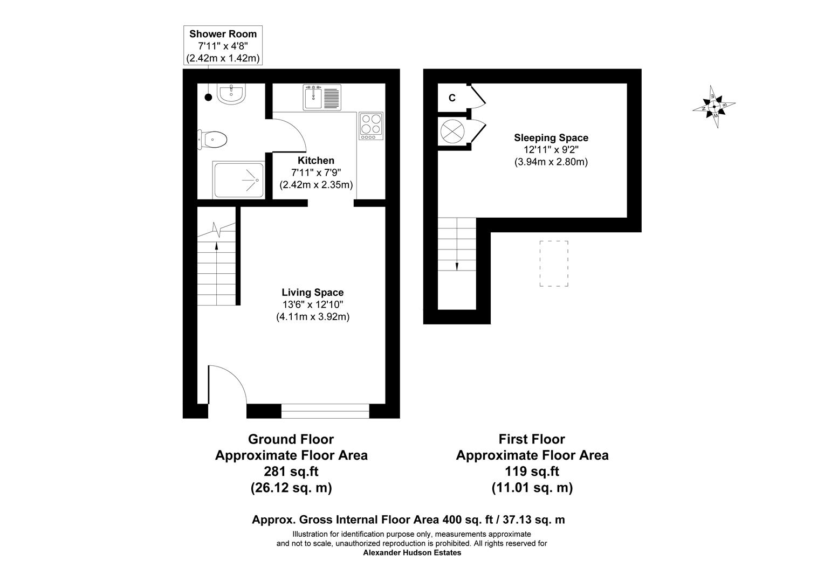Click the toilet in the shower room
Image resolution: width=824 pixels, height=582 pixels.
coord(213,140)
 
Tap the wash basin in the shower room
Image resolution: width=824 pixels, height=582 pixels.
coord(232,94)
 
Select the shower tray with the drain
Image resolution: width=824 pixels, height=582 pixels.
coord(238,179)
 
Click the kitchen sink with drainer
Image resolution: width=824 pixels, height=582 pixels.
coord(322,98)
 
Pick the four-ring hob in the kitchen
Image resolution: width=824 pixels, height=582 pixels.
coord(370,126)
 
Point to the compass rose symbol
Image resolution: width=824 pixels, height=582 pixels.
coord(714,106)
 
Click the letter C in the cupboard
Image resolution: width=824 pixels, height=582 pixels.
coord(452,98)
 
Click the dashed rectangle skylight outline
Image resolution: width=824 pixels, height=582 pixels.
coord(554,264)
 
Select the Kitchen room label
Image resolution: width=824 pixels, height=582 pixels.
coord(316,161)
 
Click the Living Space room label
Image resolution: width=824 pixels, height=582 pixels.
coord(313,293)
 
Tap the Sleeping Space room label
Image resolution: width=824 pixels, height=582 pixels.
coord(551,138)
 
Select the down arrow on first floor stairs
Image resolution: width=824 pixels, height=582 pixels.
coord(457,265)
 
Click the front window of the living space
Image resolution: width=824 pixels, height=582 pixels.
coord(325,411)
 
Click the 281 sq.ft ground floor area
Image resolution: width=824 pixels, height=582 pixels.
coord(291,472)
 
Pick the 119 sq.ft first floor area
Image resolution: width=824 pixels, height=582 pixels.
coord(532,472)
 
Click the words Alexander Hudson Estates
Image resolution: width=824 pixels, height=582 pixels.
coord(412,552)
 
